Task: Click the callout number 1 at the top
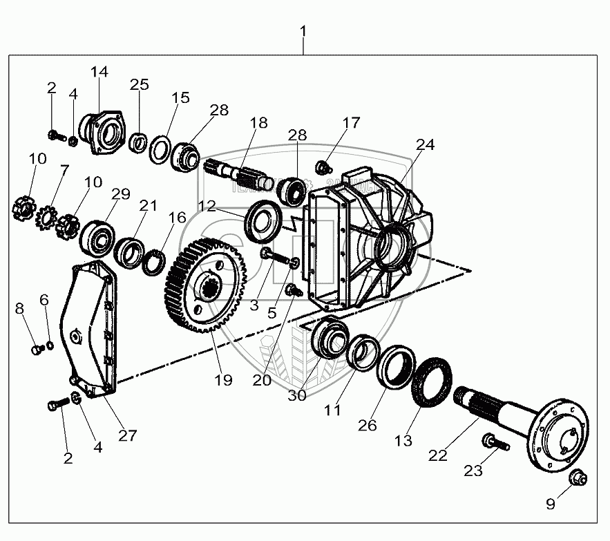(x=303, y=32)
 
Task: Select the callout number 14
(x=99, y=71)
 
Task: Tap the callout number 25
(x=140, y=85)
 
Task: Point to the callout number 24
(x=426, y=144)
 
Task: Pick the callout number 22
(x=438, y=455)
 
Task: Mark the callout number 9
(x=551, y=504)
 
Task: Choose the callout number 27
(x=127, y=435)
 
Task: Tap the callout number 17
(x=351, y=124)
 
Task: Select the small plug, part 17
(x=321, y=166)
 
